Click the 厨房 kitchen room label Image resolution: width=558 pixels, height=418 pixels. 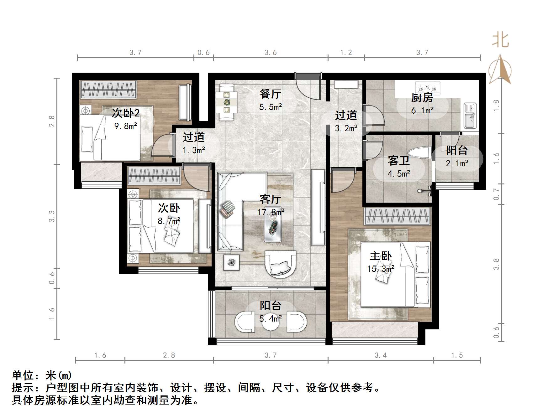(422, 98)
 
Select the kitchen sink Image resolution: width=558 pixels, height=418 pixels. (470, 116)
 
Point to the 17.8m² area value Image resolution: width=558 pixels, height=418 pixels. (271, 212)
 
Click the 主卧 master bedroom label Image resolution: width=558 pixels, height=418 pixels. (381, 256)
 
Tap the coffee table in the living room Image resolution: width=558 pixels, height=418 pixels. (272, 227)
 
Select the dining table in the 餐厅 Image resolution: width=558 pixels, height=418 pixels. (226, 102)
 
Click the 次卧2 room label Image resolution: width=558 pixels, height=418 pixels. (126, 113)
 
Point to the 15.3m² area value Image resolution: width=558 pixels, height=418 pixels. (381, 269)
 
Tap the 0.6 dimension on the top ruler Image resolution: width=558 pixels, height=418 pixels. (203, 52)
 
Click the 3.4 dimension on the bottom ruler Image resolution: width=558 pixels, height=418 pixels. (381, 355)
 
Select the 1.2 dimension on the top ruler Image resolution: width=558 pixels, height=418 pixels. (346, 52)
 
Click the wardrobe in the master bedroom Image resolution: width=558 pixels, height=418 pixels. (397, 216)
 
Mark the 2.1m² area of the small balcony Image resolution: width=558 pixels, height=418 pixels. (457, 163)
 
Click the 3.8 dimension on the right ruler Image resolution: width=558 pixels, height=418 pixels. (496, 264)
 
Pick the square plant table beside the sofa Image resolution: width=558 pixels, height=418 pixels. (231, 262)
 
